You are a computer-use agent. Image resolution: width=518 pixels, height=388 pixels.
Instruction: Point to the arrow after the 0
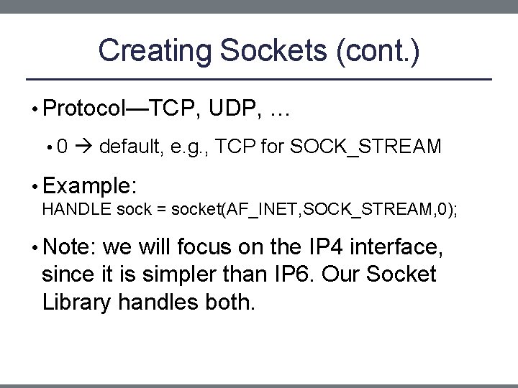(85, 147)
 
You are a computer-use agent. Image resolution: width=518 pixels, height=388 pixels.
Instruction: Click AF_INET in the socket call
(255, 209)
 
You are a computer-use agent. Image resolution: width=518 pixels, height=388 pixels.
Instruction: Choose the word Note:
(70, 249)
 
